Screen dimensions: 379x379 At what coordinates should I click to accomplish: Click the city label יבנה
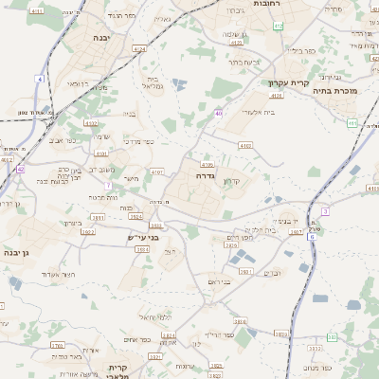pos(101,38)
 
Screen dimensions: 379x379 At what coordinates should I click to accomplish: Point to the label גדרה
pos(208,176)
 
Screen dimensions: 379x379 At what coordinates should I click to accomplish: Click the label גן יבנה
pos(17,252)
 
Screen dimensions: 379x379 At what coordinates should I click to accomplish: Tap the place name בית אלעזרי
pos(258,112)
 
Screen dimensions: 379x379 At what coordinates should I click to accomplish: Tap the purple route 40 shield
pos(219,114)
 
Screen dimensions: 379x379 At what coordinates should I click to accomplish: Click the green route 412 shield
pos(278,26)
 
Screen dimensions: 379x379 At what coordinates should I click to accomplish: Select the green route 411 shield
pos(352,123)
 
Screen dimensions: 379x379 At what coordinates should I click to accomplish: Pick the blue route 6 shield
pos(312,237)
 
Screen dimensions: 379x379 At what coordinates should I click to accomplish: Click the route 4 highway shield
pos(40,78)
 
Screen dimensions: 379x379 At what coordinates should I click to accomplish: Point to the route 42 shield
pos(20,169)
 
